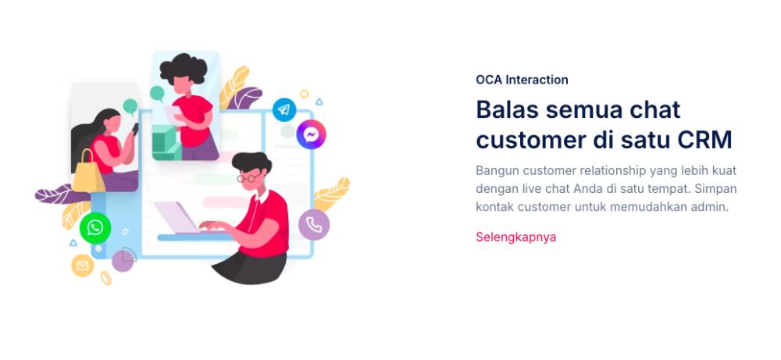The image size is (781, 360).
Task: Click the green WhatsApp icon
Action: point(95,228)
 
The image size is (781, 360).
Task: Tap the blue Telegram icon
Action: point(284,109)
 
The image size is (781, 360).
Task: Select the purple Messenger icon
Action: point(312,134)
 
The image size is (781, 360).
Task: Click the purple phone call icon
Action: point(314,225)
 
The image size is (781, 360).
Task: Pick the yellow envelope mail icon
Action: point(83,266)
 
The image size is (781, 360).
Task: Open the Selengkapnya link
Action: point(515,237)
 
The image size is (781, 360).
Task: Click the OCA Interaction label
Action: point(522,80)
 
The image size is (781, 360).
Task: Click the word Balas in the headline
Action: point(508,109)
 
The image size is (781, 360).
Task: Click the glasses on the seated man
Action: point(248,178)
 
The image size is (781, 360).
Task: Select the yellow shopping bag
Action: point(88,172)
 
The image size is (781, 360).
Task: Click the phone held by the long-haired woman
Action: point(134,129)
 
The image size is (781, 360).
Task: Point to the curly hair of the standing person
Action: point(184,69)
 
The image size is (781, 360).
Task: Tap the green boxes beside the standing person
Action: point(165,142)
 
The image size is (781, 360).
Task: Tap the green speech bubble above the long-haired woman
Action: point(130,106)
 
